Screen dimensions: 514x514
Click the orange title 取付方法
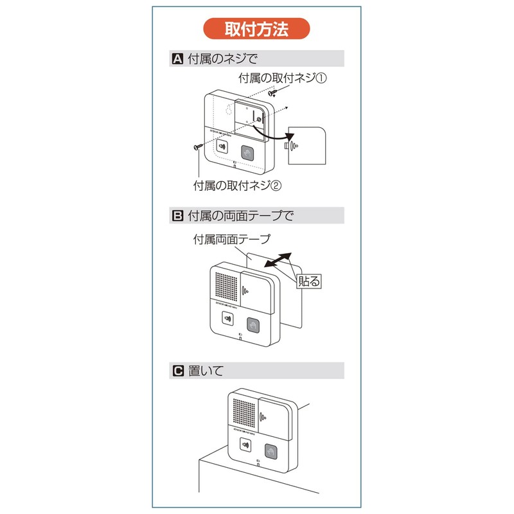(x=256, y=30)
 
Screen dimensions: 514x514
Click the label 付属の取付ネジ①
(x=283, y=78)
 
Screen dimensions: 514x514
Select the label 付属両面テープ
(x=232, y=238)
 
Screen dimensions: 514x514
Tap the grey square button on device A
(x=247, y=154)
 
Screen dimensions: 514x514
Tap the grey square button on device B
(x=254, y=326)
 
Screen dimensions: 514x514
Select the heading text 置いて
(x=206, y=371)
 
